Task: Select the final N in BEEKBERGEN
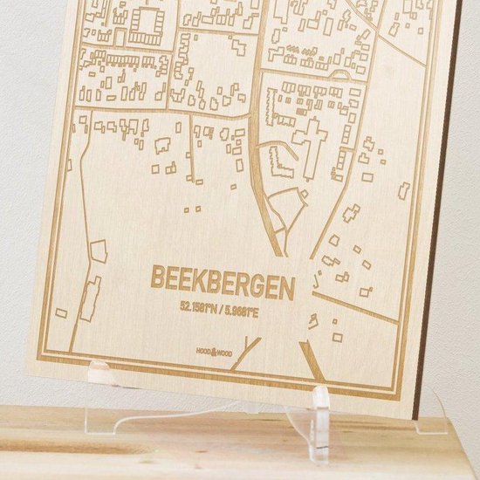(288, 283)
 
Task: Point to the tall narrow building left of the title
(90, 299)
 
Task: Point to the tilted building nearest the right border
(404, 189)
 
